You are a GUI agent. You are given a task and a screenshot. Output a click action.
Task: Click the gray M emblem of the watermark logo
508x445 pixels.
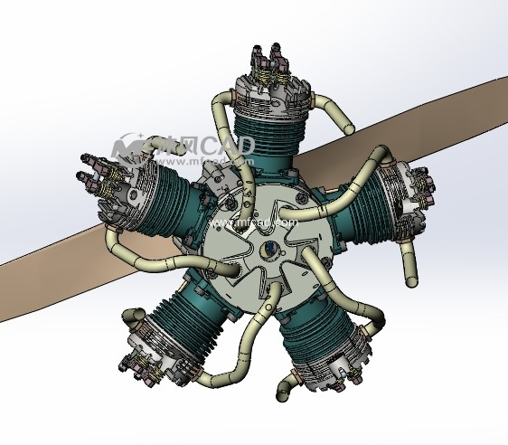pyautogui.click(x=131, y=147)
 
